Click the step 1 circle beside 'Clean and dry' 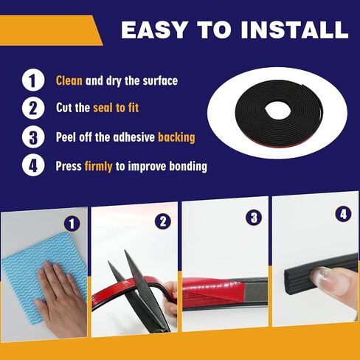(x=32, y=80)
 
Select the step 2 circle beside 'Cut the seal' (x=32, y=108)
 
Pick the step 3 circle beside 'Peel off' (x=32, y=136)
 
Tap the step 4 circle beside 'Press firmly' (x=32, y=165)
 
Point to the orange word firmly (x=98, y=166)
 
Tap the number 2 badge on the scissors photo (x=164, y=221)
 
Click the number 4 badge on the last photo (x=342, y=213)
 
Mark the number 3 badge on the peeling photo (x=254, y=218)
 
